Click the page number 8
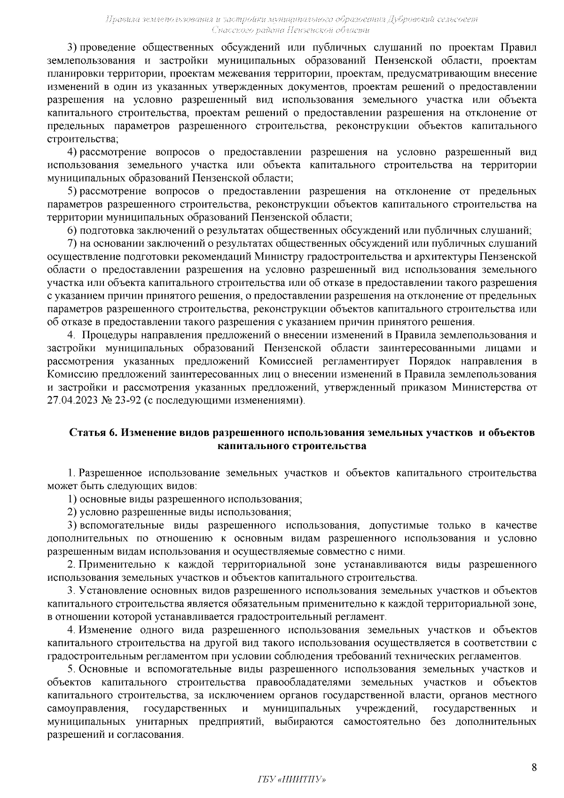533,768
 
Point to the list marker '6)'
72,230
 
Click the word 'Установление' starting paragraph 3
109,590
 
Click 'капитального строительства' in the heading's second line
291,445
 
